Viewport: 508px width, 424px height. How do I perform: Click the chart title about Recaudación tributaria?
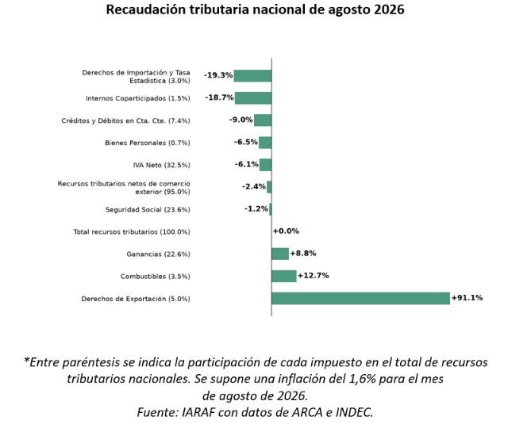pos(255,10)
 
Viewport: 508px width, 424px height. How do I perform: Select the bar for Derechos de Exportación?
pos(360,298)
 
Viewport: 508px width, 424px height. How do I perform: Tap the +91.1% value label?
pos(468,297)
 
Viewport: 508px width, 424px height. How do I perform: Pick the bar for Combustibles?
pos(284,277)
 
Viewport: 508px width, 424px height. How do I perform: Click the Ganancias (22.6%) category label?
pos(159,254)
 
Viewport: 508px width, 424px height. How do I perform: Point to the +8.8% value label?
pos(303,254)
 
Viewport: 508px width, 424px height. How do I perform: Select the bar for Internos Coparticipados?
pos(253,98)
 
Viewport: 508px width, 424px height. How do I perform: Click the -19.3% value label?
pos(218,75)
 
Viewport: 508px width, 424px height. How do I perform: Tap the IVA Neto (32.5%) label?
pos(161,166)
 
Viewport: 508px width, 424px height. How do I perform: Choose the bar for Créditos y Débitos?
pos(263,120)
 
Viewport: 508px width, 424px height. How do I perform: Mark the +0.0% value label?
pos(286,231)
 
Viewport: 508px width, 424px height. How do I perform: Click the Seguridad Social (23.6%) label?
pos(148,209)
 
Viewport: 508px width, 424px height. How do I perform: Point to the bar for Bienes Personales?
pos(265,143)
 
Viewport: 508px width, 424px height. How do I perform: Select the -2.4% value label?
pos(254,186)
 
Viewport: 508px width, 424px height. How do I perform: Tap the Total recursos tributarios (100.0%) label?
pos(132,232)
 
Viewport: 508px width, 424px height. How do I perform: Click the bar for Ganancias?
pos(280,254)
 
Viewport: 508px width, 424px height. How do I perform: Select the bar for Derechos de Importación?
pos(252,76)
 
